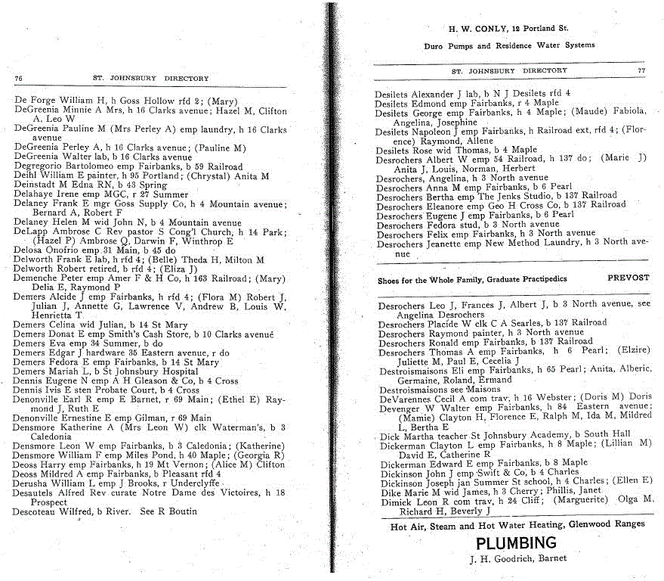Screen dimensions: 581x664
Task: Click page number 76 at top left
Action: pos(18,78)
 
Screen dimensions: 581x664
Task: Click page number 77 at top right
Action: pos(641,70)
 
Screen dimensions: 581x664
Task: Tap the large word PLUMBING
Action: pos(516,543)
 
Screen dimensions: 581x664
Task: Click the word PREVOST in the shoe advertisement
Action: pos(628,278)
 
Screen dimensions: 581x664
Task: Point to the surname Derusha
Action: pos(29,483)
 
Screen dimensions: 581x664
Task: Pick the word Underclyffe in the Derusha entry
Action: pos(195,483)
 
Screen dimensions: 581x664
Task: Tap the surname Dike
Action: pos(389,491)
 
